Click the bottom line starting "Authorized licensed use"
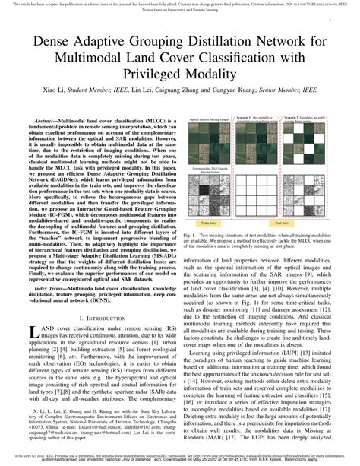[x=179, y=461]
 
